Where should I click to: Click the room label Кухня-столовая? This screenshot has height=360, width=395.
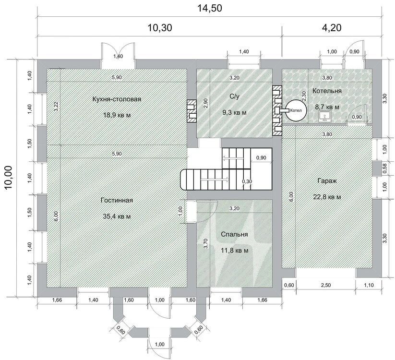click(117, 99)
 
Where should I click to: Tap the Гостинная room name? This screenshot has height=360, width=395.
click(117, 200)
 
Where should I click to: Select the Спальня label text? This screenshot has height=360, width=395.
click(234, 234)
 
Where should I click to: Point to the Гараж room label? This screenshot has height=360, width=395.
click(327, 181)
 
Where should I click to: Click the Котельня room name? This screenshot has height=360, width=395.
click(327, 91)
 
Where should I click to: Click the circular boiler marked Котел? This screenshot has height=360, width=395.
click(296, 110)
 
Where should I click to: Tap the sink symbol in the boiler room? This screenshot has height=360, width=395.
click(325, 117)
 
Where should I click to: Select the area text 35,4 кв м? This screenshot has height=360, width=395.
click(117, 216)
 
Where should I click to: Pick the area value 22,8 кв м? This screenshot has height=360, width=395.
click(327, 197)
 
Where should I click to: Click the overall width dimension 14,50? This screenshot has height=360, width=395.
click(209, 8)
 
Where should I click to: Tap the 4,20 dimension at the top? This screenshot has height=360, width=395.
click(332, 27)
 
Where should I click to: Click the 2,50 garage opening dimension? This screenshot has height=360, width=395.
click(326, 285)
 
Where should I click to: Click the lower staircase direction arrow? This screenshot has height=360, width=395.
click(215, 180)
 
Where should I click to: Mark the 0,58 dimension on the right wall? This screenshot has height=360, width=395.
click(384, 168)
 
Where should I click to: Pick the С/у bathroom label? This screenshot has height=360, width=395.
click(234, 96)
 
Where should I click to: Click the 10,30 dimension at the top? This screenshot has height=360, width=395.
click(160, 27)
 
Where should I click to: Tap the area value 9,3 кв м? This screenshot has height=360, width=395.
click(234, 112)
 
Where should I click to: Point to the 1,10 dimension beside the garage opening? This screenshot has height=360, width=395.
click(369, 285)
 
